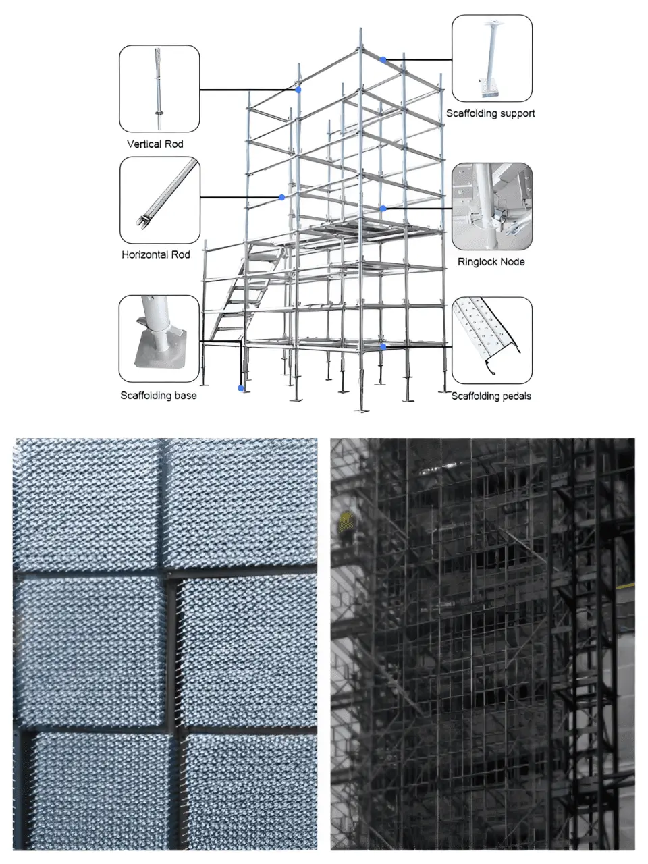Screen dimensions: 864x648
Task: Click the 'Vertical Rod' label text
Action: pos(155,144)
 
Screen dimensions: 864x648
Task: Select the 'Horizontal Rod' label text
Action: pos(156,254)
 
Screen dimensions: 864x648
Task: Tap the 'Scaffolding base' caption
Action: pos(159,395)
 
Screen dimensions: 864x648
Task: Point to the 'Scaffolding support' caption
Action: pos(490,113)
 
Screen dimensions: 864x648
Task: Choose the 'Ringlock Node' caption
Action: pos(491,261)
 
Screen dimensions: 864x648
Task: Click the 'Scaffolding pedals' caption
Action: pos(491,396)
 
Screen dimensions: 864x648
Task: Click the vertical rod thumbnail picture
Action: pos(159,88)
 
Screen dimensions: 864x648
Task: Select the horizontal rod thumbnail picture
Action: pos(160,200)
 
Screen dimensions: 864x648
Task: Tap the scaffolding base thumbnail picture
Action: pos(159,338)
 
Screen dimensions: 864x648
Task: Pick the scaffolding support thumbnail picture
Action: pos(491,59)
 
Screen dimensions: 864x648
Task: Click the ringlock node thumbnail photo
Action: pos(491,206)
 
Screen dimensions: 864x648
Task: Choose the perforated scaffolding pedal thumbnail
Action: pos(491,340)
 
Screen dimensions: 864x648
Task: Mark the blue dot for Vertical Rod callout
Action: pos(298,89)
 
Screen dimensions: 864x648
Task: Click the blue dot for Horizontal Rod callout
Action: pos(281,197)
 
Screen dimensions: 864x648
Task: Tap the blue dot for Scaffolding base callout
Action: pos(240,388)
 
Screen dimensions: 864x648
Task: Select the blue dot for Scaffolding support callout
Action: pos(383,60)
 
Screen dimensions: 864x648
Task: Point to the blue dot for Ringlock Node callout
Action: pos(383,208)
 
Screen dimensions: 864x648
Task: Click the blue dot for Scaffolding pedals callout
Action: pos(383,346)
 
